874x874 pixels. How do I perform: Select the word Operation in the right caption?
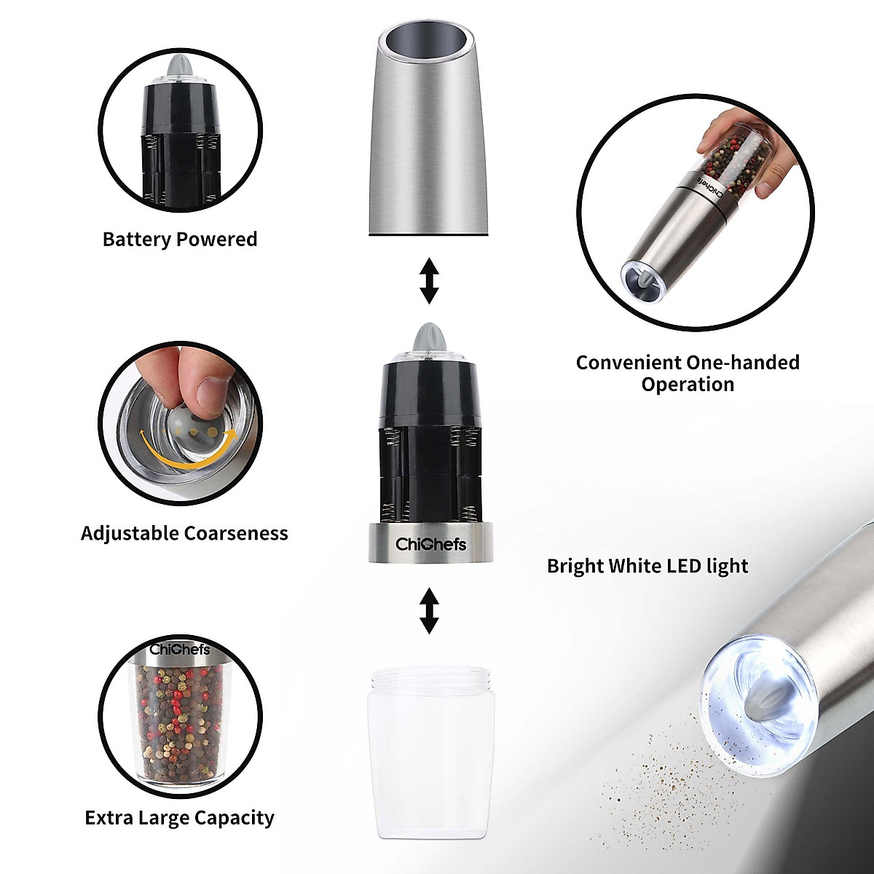click(x=687, y=384)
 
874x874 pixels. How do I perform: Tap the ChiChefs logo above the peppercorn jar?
click(x=179, y=649)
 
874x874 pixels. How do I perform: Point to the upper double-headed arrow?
click(x=430, y=280)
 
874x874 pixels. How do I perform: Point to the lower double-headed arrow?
click(x=430, y=610)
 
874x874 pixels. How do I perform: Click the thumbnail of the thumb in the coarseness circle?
click(x=213, y=389)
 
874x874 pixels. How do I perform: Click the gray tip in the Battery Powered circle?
click(x=179, y=67)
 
